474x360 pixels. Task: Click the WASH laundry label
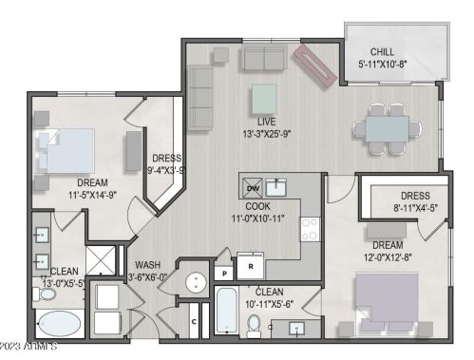148,264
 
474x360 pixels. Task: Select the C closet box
194,320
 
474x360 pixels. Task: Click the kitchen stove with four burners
310,228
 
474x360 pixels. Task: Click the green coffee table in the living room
265,98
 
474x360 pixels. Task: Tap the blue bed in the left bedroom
66,149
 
